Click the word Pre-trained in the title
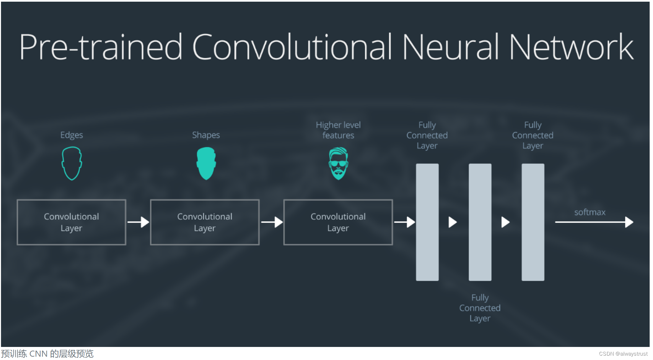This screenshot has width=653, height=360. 101,47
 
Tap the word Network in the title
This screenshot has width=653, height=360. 571,47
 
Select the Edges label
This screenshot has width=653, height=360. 72,135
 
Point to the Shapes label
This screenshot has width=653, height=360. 206,135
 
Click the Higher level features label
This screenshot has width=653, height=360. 338,130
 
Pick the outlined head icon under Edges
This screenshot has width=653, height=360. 72,163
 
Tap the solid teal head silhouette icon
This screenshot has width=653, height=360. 206,163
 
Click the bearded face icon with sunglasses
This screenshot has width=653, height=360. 338,163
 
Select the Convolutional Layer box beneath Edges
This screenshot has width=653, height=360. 72,222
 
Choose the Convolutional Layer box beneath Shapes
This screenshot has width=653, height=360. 205,222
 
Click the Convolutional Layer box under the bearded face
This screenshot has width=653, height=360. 338,222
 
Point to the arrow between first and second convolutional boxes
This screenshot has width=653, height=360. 138,222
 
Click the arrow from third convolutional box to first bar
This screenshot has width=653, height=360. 405,222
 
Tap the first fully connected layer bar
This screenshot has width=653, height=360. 427,222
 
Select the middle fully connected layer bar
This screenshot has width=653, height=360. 480,222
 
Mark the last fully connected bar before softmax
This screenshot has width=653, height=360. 533,222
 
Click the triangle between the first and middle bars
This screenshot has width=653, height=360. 453,222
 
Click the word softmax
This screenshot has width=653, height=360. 590,212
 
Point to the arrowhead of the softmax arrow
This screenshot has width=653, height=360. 629,222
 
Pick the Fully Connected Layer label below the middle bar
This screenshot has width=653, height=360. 480,308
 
